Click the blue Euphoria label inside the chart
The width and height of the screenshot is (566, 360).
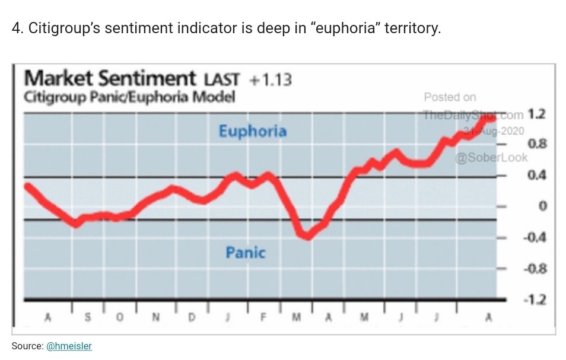(x=252, y=130)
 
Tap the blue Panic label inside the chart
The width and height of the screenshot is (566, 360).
(x=245, y=253)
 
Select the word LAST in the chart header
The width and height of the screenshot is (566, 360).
(x=221, y=79)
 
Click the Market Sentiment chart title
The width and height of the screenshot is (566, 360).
(x=110, y=78)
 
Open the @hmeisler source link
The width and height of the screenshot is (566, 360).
(x=69, y=346)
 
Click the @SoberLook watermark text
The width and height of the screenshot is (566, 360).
(x=491, y=157)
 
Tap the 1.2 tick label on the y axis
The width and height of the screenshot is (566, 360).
(x=537, y=114)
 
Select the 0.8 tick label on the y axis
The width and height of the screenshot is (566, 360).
(x=537, y=144)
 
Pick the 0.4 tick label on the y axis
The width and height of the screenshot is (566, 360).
(x=537, y=176)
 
